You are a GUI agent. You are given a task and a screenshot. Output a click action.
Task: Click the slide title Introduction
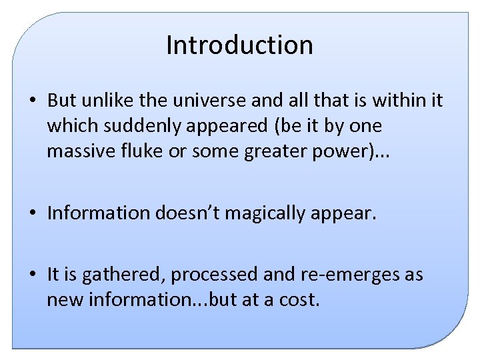[x=239, y=45]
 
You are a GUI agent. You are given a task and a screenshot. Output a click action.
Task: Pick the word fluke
[x=143, y=151]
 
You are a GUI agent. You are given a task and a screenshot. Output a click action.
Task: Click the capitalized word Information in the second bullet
[x=99, y=213]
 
